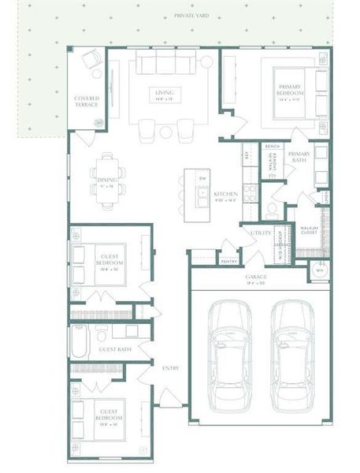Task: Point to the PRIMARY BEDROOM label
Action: (289, 92)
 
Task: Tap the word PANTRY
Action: (229, 261)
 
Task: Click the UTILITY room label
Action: (262, 233)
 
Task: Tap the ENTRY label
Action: (170, 367)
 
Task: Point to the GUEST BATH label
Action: (113, 349)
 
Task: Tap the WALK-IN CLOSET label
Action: (308, 231)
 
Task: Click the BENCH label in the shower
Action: (272, 147)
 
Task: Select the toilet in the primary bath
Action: (271, 210)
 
